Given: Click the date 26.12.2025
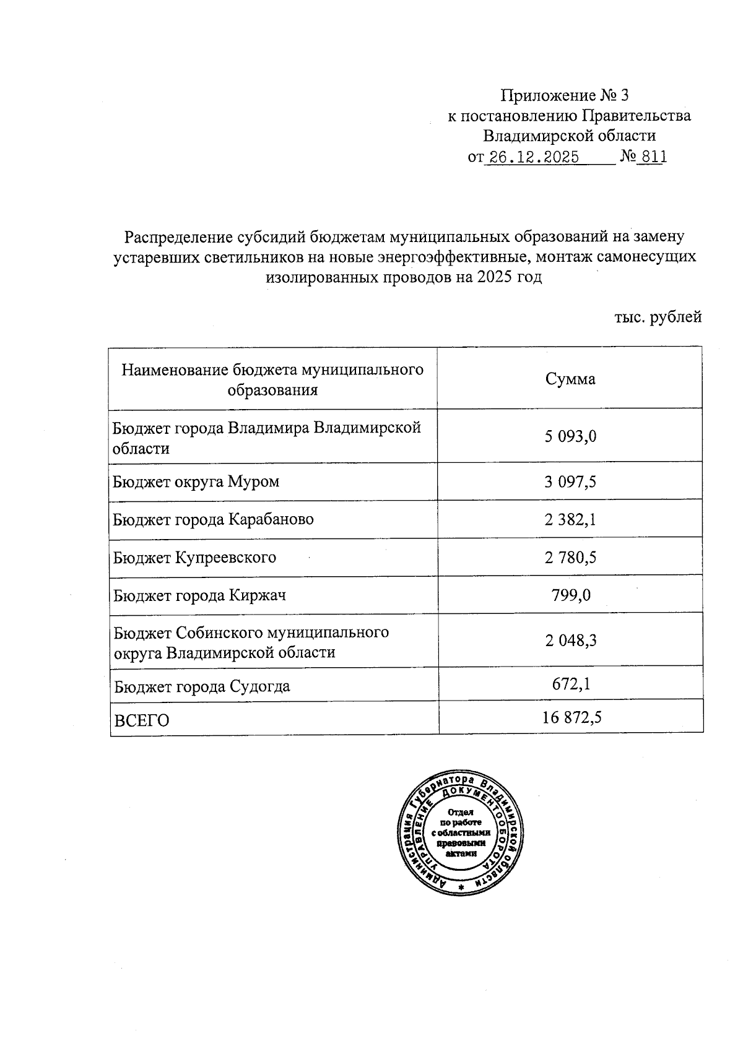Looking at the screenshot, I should (x=533, y=157).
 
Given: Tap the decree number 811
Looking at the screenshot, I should (x=654, y=157).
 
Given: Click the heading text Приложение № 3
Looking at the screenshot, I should (x=564, y=95).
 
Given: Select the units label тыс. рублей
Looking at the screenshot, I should (x=658, y=317).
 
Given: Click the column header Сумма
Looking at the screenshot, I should (x=570, y=379).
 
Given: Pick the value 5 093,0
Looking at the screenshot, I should (x=570, y=436).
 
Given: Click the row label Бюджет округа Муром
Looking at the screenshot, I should (x=196, y=481).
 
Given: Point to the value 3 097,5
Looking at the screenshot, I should (x=570, y=481).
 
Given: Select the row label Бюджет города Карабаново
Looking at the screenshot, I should (x=213, y=519).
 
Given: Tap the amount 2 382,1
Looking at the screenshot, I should (x=570, y=519).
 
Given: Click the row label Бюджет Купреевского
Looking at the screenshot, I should (x=194, y=558).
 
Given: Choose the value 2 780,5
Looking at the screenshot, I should (x=570, y=558).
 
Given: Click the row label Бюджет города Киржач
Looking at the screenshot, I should (x=199, y=596).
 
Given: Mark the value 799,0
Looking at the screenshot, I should (x=570, y=595).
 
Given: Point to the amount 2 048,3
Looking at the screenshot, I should (x=570, y=641).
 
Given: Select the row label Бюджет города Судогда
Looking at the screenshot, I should (x=202, y=686).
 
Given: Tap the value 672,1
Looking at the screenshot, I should (x=570, y=683).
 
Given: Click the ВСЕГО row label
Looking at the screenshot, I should (x=141, y=720).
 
